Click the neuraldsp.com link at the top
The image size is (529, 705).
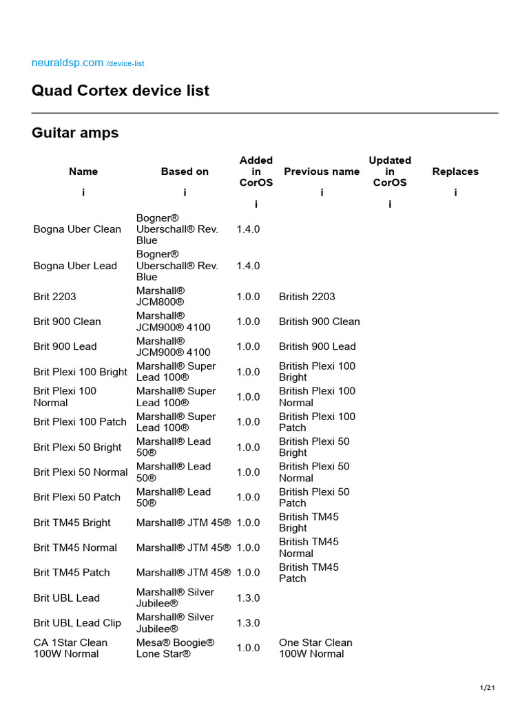point(68,63)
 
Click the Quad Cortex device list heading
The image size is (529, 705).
point(121,90)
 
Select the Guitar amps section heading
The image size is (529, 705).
point(75,133)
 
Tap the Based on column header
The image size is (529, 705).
point(185,171)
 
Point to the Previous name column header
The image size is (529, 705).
point(322,171)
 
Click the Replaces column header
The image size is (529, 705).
point(455,171)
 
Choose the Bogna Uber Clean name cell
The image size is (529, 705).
point(77,229)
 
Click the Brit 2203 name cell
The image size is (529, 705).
point(55,297)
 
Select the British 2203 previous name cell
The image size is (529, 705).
point(307,297)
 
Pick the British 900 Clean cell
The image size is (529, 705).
point(320,322)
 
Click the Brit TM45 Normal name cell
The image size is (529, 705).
point(75,547)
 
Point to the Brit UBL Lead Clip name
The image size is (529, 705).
point(77,623)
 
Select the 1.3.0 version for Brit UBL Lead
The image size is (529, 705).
point(248,598)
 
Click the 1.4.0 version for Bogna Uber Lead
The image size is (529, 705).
point(248,266)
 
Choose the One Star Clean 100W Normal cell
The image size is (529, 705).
point(315,648)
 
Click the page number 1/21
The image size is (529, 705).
point(487,688)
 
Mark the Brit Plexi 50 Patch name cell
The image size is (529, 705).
point(77,497)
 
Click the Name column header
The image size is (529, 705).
point(83,171)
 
